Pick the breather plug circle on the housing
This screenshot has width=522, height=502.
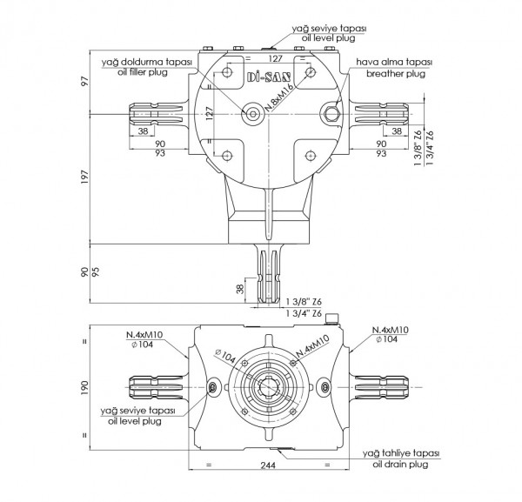pos(331,111)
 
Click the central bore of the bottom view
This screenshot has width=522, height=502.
pos(269,385)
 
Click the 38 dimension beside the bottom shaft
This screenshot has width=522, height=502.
pos(239,289)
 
